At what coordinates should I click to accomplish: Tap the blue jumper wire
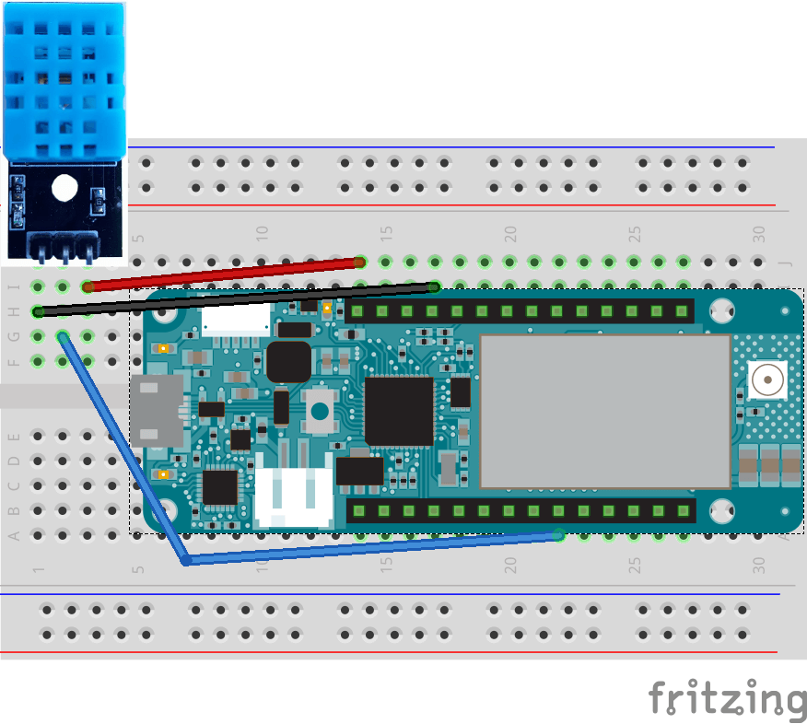point(368,548)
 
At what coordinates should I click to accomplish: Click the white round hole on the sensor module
point(64,188)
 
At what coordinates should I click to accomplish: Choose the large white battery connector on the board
point(294,496)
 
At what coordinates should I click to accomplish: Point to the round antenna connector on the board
point(766,379)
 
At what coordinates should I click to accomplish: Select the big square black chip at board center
point(399,411)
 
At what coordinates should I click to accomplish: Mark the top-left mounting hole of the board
point(167,313)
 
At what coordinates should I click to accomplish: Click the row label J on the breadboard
point(786,263)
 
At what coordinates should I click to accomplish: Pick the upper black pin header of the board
point(520,311)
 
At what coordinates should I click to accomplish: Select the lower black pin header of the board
point(520,510)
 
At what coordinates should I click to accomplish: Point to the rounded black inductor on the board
point(288,361)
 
